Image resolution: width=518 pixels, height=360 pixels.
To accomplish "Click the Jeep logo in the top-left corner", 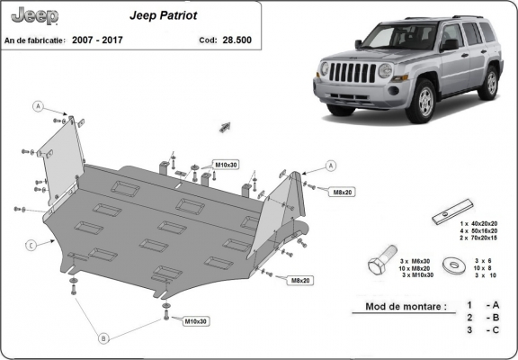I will pos(33,16).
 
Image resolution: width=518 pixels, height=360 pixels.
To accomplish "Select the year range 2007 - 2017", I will pos(99,40).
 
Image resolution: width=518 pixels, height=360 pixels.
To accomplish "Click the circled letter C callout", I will pos(30,245).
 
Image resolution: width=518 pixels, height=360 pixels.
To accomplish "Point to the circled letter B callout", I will pos(103,337).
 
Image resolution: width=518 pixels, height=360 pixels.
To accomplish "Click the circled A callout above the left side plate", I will pos(39,106).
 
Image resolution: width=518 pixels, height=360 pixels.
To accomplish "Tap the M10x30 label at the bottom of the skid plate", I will pos(196,321).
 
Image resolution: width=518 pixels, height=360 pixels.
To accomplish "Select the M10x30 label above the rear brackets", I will pos(226,165).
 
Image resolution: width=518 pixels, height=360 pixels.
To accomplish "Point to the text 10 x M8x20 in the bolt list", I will pos(413,267).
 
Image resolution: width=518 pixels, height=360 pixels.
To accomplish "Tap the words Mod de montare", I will pos(405,307).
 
